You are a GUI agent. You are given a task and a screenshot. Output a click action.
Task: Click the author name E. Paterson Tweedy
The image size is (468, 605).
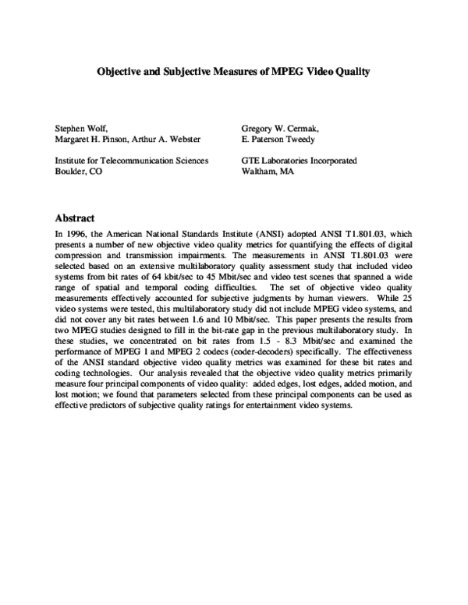pyautogui.click(x=279, y=139)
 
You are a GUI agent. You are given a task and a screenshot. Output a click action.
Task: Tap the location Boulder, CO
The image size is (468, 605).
pyautogui.click(x=77, y=172)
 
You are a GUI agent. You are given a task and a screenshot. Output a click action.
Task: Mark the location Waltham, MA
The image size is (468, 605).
pyautogui.click(x=268, y=172)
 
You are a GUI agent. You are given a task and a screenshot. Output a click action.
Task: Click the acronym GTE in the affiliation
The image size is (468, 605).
pyautogui.click(x=252, y=161)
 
